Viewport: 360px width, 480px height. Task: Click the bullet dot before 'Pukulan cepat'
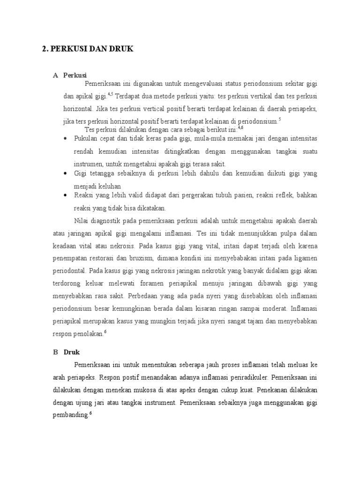[x=66, y=139]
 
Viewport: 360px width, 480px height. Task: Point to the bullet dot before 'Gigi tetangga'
[x=66, y=173]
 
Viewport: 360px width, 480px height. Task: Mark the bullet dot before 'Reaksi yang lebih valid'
[x=66, y=195]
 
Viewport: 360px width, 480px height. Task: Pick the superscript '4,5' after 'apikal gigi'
[x=111, y=94]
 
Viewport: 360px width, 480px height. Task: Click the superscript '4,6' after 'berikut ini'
[x=240, y=127]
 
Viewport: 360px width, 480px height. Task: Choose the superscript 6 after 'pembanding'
[x=90, y=412]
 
